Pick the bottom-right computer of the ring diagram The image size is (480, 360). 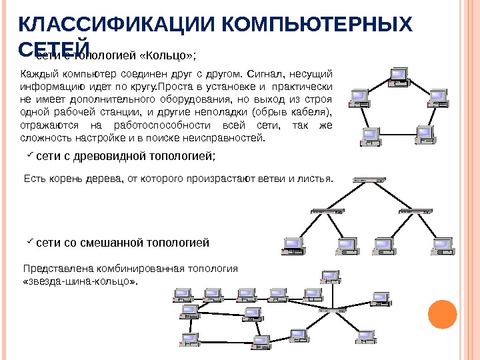(x=425, y=134)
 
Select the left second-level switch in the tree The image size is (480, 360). (x=327, y=211)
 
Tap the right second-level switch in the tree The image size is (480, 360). (x=413, y=211)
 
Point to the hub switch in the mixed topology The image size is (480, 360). (x=340, y=310)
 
